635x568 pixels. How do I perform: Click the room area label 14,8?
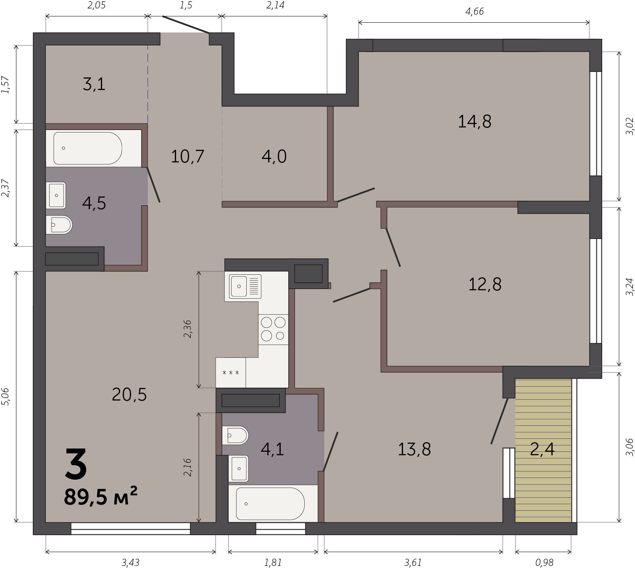(x=474, y=122)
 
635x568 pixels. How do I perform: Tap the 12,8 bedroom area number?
(x=485, y=284)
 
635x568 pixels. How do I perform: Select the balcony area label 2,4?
(x=542, y=449)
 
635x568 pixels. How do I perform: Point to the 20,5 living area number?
(x=129, y=395)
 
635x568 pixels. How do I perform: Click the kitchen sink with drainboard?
(x=245, y=286)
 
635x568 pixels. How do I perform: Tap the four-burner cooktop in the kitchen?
(x=273, y=329)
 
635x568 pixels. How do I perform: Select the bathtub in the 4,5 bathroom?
(x=88, y=148)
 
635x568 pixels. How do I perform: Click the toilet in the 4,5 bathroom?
(x=59, y=225)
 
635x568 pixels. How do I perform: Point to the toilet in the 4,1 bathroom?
(x=235, y=435)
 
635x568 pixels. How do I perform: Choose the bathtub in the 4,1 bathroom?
(x=270, y=504)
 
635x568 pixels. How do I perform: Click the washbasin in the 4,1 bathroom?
(x=239, y=469)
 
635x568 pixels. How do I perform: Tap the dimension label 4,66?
(x=474, y=12)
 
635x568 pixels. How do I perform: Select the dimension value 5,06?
(x=6, y=397)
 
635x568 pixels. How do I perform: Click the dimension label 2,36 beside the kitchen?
(x=187, y=329)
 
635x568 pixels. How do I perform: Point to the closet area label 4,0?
(x=274, y=157)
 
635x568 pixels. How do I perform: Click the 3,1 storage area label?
(x=94, y=85)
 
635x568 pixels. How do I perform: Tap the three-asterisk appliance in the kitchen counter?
(x=231, y=373)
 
